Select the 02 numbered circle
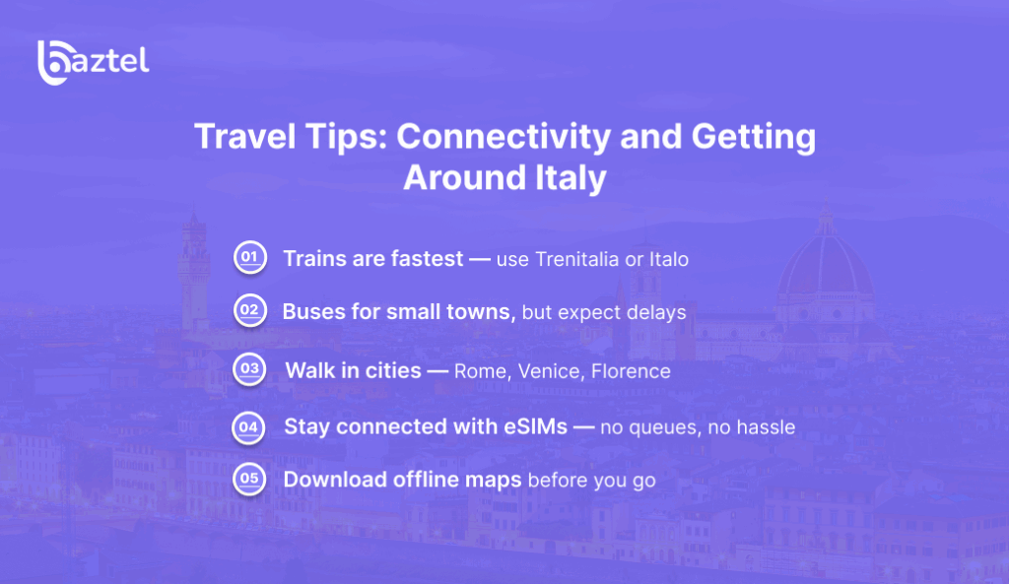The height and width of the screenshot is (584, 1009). [x=248, y=311]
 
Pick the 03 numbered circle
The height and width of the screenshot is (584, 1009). [x=248, y=370]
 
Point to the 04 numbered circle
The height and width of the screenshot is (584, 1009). [x=248, y=426]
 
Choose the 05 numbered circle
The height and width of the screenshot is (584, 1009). [x=248, y=480]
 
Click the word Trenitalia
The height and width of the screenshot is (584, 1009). [x=576, y=259]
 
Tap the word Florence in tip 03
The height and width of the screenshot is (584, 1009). [x=631, y=371]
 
